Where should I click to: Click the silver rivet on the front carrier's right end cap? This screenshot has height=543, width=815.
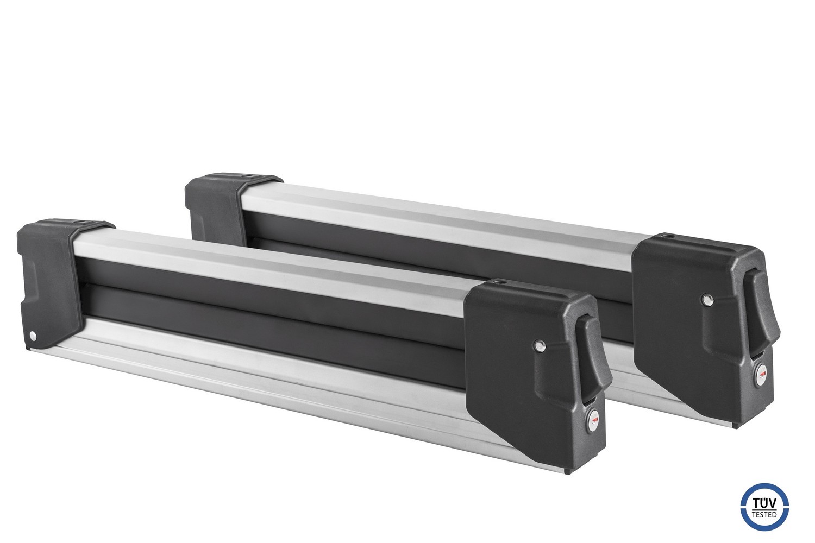pos(540,345)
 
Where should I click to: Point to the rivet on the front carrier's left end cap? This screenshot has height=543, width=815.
pos(34,336)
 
